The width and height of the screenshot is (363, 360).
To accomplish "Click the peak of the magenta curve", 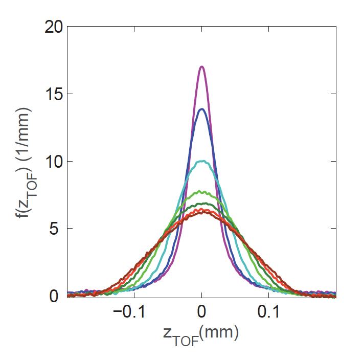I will point(202,67).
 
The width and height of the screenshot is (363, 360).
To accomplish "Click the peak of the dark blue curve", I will point(202,109).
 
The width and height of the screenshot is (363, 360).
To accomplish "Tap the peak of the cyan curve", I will point(202,162).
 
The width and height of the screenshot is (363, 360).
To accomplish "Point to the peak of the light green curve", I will point(202,192).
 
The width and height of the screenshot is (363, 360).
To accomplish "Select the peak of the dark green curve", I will point(202,204).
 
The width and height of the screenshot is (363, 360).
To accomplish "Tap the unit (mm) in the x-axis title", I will point(219,333).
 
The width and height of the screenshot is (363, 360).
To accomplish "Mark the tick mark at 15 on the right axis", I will point(334,94).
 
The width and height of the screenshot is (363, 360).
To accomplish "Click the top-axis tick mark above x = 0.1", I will point(269,29).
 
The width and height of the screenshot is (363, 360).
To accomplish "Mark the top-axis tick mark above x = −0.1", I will point(134,29).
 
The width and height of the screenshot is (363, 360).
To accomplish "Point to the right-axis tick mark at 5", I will point(334,229).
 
